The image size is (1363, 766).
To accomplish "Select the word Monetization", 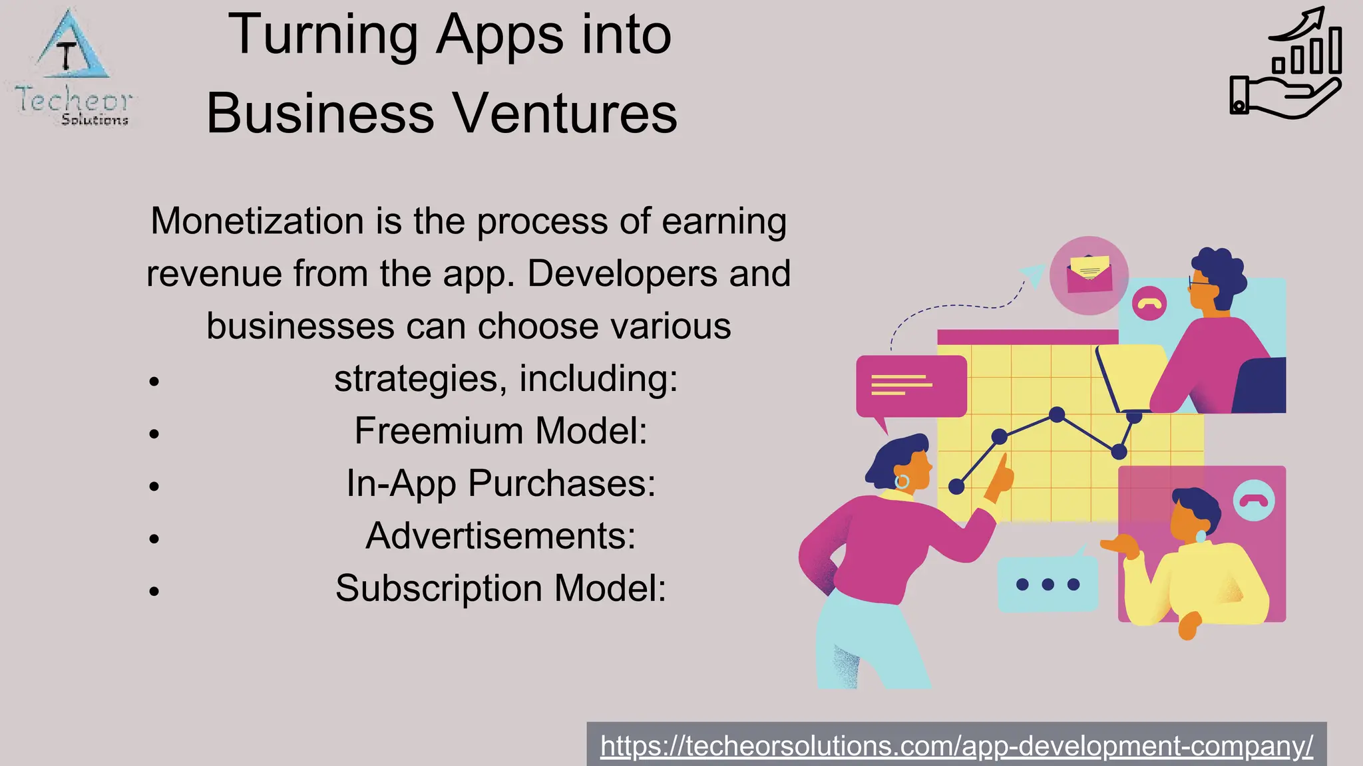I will click(258, 221).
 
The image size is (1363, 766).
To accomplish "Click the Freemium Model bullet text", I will click(500, 431).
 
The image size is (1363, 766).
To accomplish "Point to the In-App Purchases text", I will click(500, 483).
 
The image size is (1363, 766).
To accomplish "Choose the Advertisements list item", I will click(500, 536).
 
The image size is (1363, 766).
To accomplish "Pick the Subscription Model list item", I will click(500, 588).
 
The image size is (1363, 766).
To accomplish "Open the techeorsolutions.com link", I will click(956, 746).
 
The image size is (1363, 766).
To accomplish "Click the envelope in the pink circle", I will click(1089, 275).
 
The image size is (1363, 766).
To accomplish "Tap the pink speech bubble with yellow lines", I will click(910, 386).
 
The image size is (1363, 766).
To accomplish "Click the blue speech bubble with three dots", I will click(1048, 584).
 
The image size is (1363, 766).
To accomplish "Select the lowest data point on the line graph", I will click(956, 487).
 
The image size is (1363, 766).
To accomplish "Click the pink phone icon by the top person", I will click(1149, 303).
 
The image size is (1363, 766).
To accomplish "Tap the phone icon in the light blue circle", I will click(1254, 500).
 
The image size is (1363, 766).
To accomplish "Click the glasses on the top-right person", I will click(1199, 285).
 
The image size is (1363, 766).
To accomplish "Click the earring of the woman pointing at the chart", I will click(902, 481).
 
